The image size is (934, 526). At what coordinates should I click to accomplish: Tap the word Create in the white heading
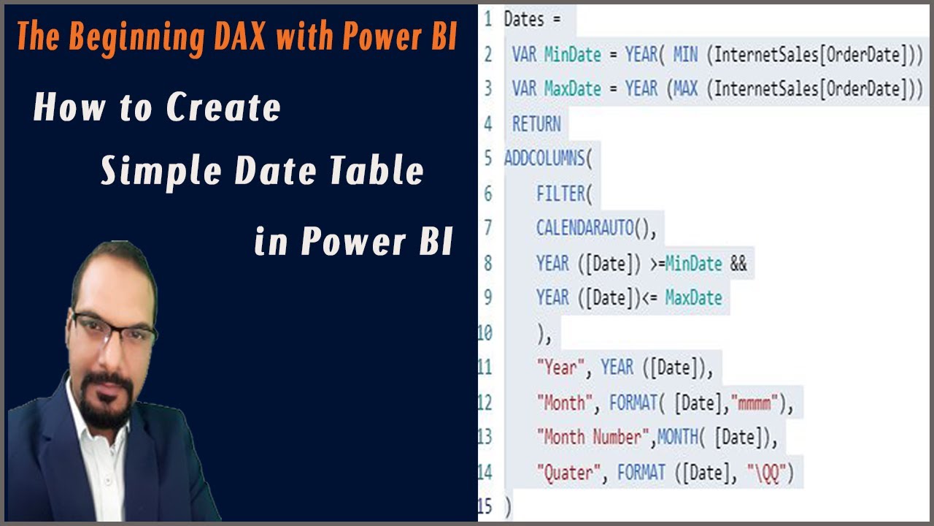pos(223,108)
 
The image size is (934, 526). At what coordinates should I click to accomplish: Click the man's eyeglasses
pos(115,329)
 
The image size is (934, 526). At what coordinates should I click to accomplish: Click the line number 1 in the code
pos(487,20)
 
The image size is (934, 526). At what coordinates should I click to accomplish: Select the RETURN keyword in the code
pos(536,124)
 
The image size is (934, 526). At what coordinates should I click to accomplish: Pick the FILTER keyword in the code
pos(560,194)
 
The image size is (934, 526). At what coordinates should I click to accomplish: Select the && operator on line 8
pos(738,264)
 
